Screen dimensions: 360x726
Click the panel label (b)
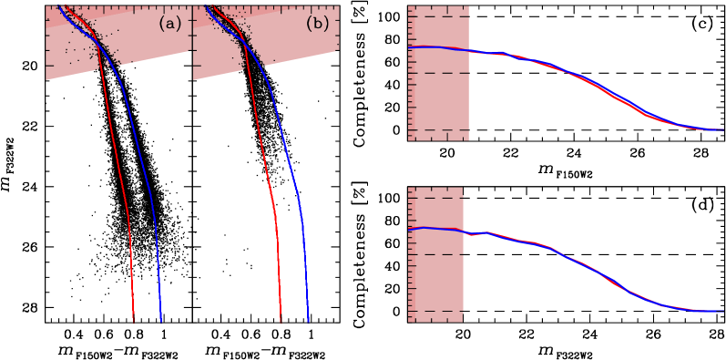coord(317,25)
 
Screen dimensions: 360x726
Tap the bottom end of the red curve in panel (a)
coord(134,321)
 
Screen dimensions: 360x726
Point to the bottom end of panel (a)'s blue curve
coord(161,321)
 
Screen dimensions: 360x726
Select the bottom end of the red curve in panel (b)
coord(281,321)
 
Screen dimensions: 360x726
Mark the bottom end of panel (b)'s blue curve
coord(308,321)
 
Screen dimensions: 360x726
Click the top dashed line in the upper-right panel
coord(438,16)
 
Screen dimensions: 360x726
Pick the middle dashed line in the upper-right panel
coord(438,73)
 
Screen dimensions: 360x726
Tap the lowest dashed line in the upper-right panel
coord(438,130)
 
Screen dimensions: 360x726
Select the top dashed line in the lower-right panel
coord(435,198)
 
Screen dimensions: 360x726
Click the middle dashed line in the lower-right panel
coord(435,254)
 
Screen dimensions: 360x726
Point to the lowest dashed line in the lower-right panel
coord(435,312)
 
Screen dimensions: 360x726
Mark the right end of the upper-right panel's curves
coord(723,129)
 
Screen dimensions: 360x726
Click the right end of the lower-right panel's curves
coord(723,311)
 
